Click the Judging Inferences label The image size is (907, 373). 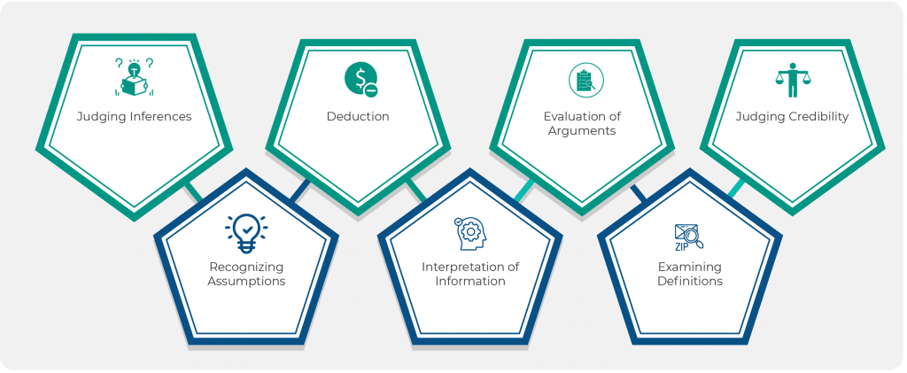[x=134, y=116]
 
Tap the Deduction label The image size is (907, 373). [x=358, y=116]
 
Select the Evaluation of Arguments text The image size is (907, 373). [x=580, y=123]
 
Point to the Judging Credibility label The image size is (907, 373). [x=792, y=116]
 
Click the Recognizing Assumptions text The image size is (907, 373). [x=246, y=274]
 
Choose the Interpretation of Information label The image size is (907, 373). [x=470, y=274]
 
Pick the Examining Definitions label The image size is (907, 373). [x=690, y=274]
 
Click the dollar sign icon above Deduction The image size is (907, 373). [x=360, y=80]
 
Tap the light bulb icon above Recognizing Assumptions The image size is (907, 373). [x=246, y=232]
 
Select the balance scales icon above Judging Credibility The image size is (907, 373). [x=792, y=81]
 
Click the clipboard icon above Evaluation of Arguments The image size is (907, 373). [x=583, y=81]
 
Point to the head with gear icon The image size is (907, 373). [x=469, y=233]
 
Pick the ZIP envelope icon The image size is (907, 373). [x=688, y=237]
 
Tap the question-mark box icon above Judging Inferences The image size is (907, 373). [x=134, y=76]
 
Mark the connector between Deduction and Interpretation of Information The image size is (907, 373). [x=415, y=190]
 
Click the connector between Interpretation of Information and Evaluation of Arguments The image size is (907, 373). [x=523, y=188]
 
